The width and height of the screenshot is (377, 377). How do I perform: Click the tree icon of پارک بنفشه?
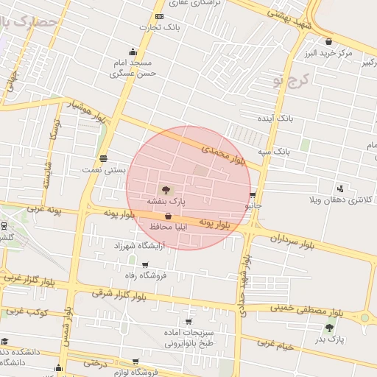(164, 189)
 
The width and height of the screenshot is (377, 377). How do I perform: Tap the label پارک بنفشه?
(166, 200)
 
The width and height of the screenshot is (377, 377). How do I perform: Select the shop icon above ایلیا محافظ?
(169, 216)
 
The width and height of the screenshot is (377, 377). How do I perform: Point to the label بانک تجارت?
(161, 27)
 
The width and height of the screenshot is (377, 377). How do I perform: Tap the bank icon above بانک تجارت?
(160, 16)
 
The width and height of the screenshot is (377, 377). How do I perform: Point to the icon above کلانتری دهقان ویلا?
(339, 188)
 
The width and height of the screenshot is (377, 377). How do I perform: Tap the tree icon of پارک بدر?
(329, 327)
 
